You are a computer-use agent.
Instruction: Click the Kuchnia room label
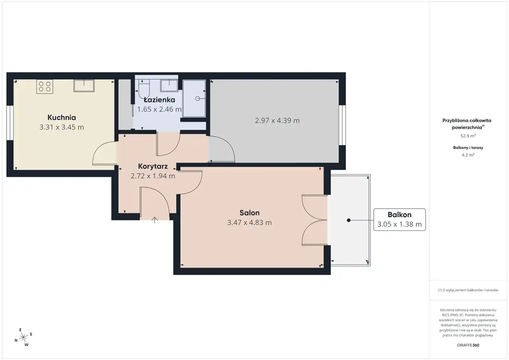coord(62,117)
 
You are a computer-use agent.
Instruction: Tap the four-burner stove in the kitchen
coord(45,87)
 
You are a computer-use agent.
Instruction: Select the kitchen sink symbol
coord(84,86)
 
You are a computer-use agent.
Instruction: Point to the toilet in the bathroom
coord(144,89)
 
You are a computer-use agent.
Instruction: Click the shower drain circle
coord(198,98)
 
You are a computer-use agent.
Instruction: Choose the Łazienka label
coord(159,100)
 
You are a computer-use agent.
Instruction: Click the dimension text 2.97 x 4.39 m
coord(277,121)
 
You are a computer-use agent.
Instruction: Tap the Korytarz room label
coord(153,166)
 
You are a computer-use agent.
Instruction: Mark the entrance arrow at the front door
coord(155,220)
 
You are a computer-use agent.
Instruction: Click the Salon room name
coord(249,213)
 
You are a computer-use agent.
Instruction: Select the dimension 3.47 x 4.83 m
coord(249,222)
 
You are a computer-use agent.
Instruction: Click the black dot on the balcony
coord(349,220)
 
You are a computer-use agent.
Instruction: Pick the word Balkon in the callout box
coord(400,215)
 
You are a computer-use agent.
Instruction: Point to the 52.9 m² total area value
coord(468,136)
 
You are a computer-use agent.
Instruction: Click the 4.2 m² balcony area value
coord(468,155)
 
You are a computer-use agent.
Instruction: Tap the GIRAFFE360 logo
coord(468,345)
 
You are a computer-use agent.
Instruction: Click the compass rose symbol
coord(23,337)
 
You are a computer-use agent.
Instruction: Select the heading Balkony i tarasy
coord(468,148)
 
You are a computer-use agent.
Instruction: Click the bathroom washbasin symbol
coord(169,86)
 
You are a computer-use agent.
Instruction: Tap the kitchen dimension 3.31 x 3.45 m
coord(62,127)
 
